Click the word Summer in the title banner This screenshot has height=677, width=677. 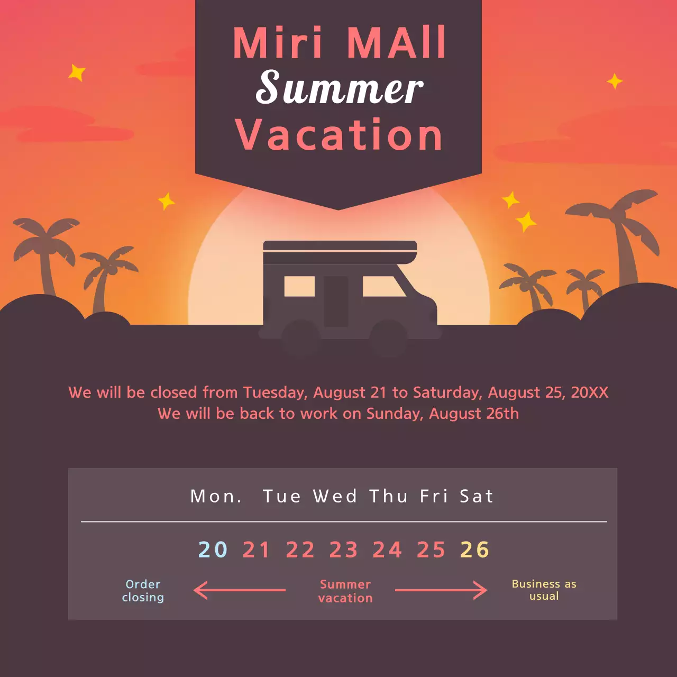[339, 88]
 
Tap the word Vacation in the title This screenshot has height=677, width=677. [338, 135]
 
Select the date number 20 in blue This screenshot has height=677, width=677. [213, 550]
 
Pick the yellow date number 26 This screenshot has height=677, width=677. [474, 550]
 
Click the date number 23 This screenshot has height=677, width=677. [344, 550]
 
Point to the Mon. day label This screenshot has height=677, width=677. [216, 496]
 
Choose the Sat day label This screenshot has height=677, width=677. [476, 496]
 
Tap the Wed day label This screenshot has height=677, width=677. [335, 496]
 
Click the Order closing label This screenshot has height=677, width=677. [143, 591]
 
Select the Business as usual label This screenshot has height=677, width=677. [544, 590]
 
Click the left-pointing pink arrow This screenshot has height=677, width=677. [239, 590]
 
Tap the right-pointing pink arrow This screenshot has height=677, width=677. [441, 590]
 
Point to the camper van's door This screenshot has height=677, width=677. [336, 301]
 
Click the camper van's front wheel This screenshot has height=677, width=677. [388, 338]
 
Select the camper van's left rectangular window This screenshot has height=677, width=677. [299, 286]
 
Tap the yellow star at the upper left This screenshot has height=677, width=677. [77, 72]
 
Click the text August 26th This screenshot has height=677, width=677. [474, 414]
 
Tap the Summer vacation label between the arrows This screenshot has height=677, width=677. [345, 591]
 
